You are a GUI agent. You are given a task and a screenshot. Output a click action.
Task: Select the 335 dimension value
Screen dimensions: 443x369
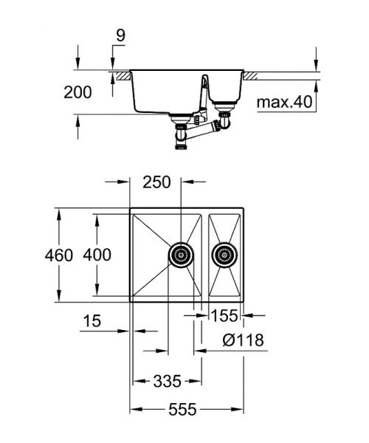tap(168, 381)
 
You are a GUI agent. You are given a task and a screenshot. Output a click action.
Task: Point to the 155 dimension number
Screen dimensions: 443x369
tap(224, 316)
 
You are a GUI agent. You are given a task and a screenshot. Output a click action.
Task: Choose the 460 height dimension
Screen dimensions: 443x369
tap(59, 255)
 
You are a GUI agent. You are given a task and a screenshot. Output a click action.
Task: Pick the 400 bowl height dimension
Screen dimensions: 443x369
tap(97, 255)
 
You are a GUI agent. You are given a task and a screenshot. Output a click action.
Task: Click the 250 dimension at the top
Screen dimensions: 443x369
tap(156, 182)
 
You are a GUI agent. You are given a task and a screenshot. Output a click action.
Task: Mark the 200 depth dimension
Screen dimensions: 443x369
tap(78, 92)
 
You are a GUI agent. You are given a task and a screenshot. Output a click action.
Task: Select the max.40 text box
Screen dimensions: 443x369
tap(285, 101)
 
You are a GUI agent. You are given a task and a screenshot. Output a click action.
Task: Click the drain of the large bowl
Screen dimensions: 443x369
tap(181, 255)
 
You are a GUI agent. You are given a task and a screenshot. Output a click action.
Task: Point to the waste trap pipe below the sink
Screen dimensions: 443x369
tap(199, 133)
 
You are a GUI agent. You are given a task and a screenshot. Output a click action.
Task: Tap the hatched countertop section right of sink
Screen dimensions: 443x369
tap(252, 75)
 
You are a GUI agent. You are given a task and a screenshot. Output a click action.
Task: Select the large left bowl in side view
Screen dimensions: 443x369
tap(166, 92)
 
